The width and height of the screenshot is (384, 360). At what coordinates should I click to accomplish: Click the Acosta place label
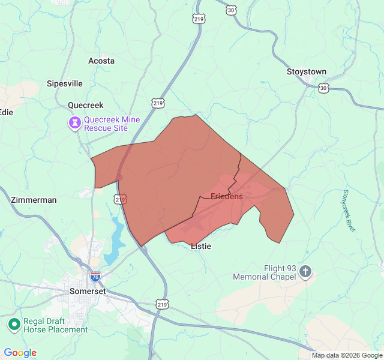pos(101,61)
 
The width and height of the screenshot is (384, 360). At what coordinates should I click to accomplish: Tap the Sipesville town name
pos(65,83)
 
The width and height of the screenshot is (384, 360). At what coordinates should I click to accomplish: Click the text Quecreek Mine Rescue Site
pos(112,124)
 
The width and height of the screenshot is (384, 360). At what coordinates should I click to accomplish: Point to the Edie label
pos(6,112)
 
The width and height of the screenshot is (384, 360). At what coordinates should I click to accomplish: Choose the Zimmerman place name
pos(34,200)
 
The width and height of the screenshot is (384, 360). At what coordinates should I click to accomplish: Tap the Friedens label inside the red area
pos(227,196)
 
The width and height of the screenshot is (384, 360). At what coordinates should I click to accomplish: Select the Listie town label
pos(201,246)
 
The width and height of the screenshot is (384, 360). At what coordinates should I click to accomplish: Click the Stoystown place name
pos(306,72)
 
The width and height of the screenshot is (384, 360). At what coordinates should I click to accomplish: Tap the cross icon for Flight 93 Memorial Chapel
pos(305,272)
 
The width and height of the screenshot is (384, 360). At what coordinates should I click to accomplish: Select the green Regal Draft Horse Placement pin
pos(14,325)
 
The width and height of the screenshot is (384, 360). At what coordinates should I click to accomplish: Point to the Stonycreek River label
pos(349,210)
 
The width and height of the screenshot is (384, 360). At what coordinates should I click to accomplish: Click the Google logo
pos(20,353)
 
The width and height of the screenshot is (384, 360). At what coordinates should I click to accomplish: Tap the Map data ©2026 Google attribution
pos(346,355)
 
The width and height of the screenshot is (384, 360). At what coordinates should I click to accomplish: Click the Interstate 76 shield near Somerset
pos(95,277)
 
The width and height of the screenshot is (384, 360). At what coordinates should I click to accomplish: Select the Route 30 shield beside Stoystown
pos(323,88)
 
